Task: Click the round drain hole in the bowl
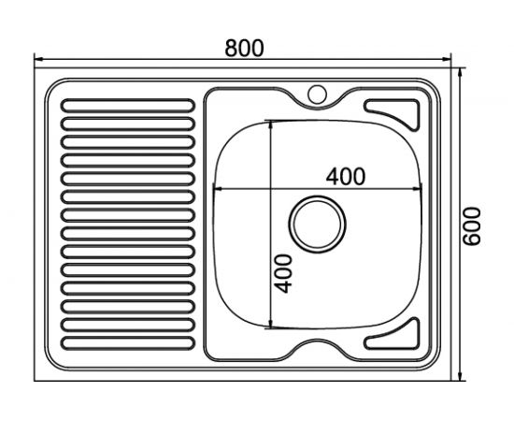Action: coord(318,225)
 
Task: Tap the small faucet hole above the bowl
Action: coord(317,94)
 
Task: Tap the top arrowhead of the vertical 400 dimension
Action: coord(271,123)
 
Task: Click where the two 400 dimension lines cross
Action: coord(271,188)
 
